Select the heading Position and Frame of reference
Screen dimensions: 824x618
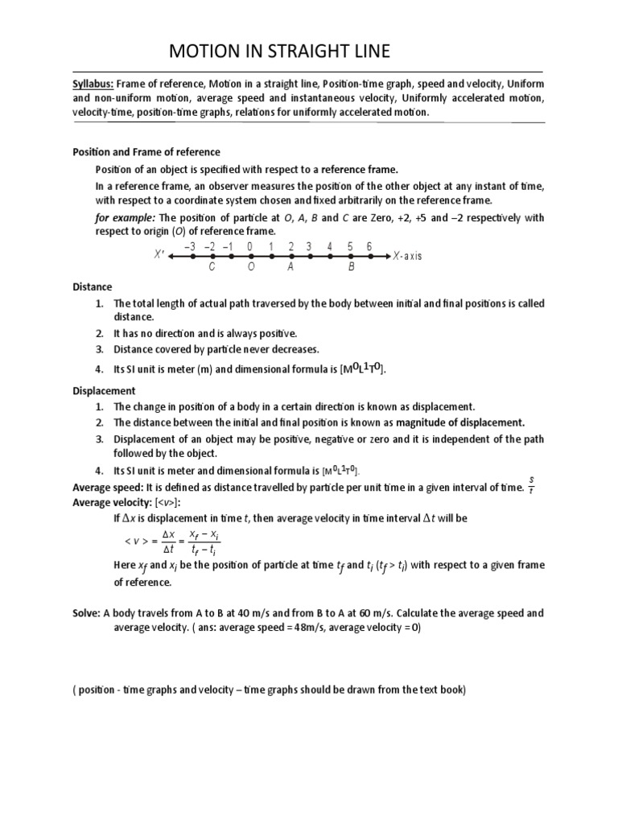(146, 152)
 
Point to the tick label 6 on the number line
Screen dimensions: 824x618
(369, 246)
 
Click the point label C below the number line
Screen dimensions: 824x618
(212, 267)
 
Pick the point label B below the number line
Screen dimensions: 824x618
(351, 267)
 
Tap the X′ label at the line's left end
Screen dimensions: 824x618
(159, 256)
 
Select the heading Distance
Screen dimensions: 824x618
(93, 286)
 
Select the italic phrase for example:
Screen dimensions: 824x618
(126, 218)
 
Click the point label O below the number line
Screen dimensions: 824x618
(250, 267)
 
